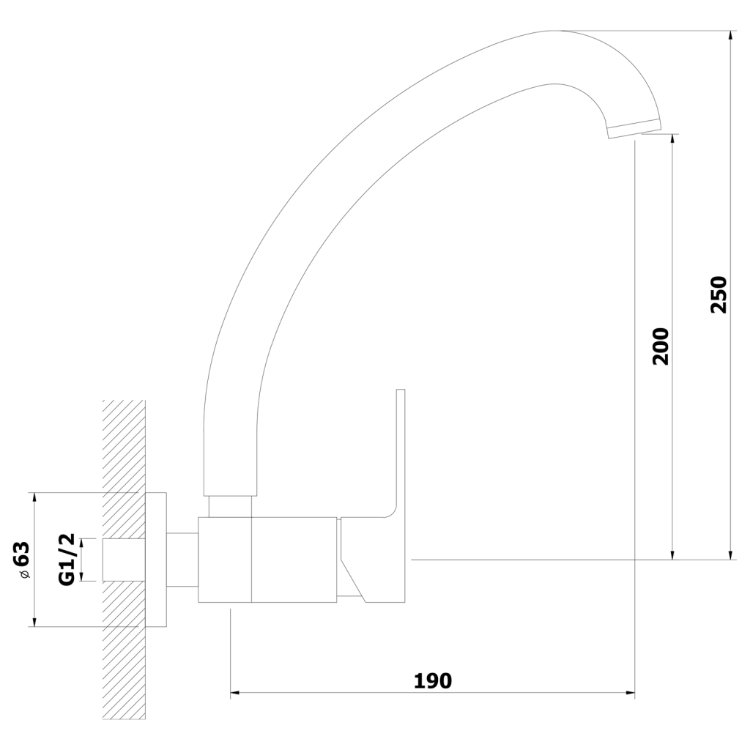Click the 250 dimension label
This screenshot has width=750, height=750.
tap(719, 294)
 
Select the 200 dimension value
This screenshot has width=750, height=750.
tap(661, 346)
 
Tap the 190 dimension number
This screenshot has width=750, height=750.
tap(432, 680)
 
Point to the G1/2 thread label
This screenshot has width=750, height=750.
tap(67, 560)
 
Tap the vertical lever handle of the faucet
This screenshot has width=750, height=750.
tap(401, 454)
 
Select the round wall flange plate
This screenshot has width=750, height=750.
tap(156, 560)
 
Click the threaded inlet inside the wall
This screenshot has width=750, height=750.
tap(124, 560)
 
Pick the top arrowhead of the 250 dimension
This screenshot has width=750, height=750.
tap(730, 36)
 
